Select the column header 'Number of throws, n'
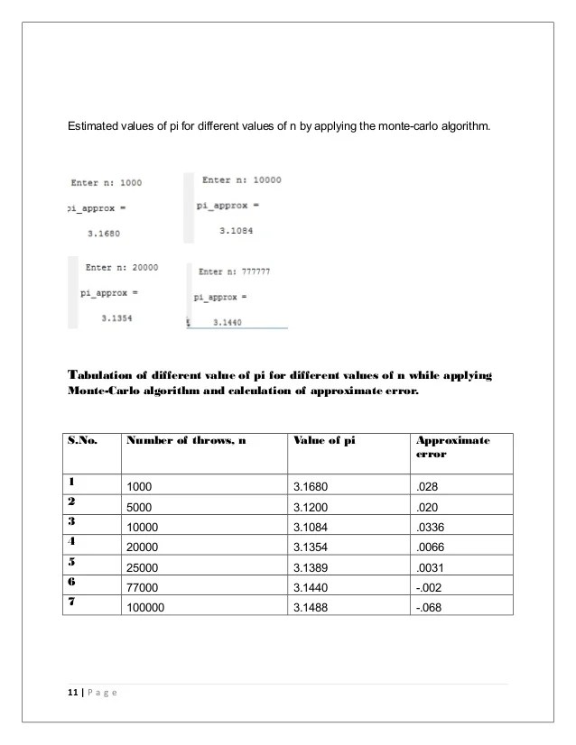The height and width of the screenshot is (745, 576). coord(185,440)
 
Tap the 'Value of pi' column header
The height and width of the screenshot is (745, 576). coord(323,440)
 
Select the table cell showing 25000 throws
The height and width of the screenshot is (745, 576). coord(144,568)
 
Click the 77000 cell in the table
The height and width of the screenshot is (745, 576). coord(144,588)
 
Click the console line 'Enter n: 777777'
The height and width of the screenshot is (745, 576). coord(234,271)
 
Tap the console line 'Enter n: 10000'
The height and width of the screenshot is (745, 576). coord(241,179)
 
